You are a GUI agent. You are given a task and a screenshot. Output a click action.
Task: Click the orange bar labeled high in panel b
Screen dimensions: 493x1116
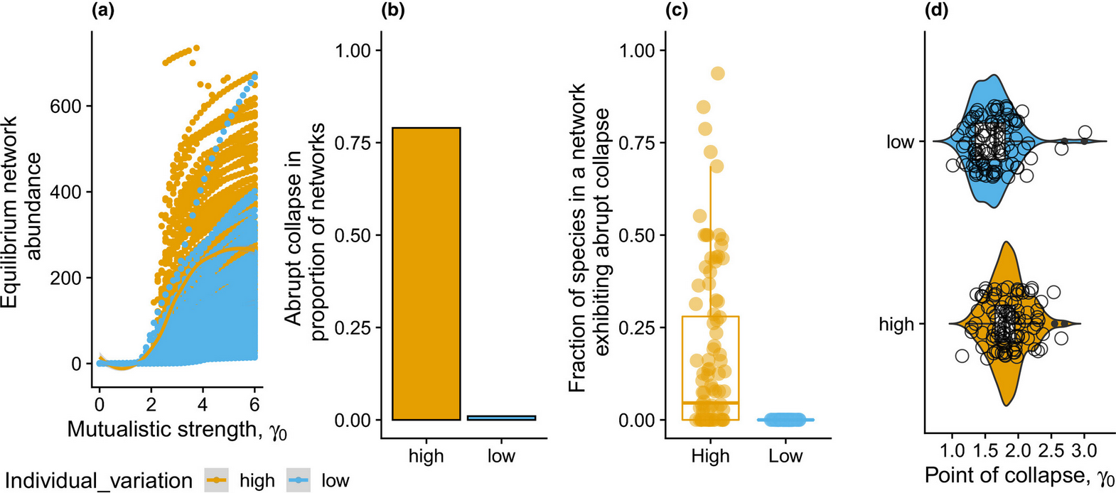[x=426, y=273]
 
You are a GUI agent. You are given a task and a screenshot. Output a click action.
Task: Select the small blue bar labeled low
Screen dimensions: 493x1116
[x=501, y=418]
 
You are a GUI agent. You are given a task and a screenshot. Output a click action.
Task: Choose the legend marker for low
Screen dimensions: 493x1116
[x=300, y=480]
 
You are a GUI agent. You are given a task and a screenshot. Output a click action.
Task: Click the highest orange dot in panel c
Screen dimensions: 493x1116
[x=718, y=73]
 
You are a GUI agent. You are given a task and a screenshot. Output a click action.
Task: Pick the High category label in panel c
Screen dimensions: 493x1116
[x=710, y=455]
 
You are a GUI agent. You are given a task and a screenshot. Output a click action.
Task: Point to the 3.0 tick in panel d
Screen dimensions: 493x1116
[x=1084, y=450]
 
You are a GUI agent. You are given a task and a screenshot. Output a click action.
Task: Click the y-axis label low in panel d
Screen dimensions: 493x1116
[x=900, y=142]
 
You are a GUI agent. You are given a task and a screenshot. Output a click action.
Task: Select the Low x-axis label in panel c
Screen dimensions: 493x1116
[x=785, y=455]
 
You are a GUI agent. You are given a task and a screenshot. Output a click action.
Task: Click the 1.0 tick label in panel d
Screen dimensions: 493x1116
[x=953, y=450]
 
